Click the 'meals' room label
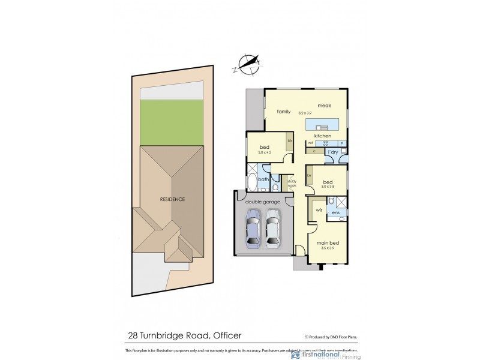325,105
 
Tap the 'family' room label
283,112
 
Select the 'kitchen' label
322,136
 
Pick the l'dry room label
332,152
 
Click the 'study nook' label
292,183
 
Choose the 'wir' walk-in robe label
319,211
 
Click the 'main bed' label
328,242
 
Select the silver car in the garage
273,228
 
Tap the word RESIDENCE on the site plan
172,199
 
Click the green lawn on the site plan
170,122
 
